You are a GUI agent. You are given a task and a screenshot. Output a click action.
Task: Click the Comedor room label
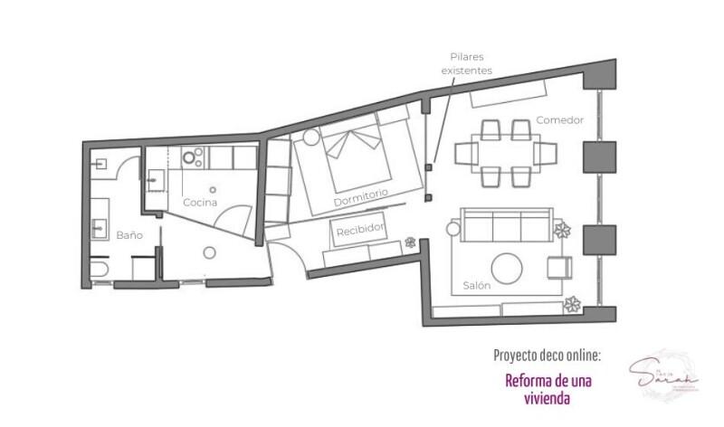(559, 119)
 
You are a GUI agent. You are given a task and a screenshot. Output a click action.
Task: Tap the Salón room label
(476, 284)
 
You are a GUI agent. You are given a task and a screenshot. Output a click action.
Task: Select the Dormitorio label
(360, 194)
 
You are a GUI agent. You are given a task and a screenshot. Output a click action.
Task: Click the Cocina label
(200, 203)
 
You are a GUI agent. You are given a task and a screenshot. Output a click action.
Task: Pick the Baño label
(129, 234)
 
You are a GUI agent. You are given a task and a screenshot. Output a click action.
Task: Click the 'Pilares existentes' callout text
(463, 62)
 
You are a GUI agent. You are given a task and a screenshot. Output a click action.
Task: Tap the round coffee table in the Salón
(506, 268)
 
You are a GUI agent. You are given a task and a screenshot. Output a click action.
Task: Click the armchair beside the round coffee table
(558, 267)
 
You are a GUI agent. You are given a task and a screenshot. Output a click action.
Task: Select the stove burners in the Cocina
(191, 157)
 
